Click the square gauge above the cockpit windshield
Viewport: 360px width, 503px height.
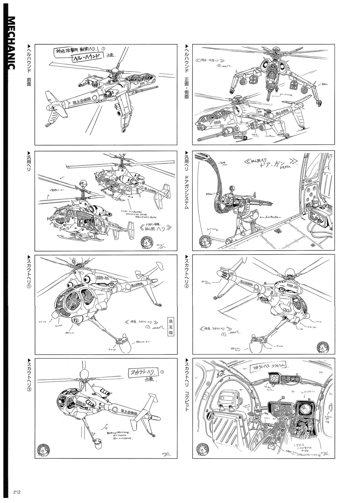[274, 379]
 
